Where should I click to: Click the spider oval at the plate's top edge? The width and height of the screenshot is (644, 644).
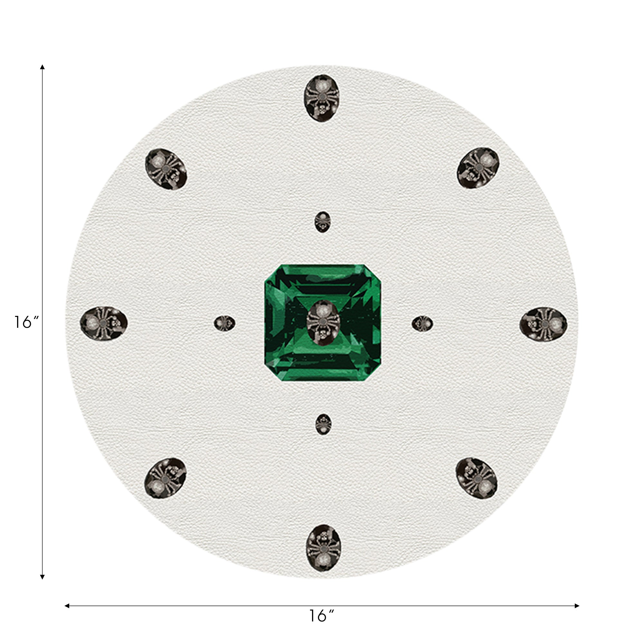click(x=322, y=98)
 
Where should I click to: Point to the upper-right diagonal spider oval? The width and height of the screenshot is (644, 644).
click(x=478, y=168)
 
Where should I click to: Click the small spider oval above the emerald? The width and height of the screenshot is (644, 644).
click(x=322, y=222)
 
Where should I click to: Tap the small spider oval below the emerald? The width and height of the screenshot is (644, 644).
click(x=323, y=424)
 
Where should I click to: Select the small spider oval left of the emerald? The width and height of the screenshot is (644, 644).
click(x=224, y=323)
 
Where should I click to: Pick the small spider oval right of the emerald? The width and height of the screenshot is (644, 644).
click(x=422, y=324)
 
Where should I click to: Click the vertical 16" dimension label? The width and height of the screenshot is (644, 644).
click(x=26, y=322)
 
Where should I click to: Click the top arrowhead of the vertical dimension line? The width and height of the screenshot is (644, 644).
click(x=42, y=67)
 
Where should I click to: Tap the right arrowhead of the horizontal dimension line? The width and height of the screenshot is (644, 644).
click(x=577, y=606)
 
